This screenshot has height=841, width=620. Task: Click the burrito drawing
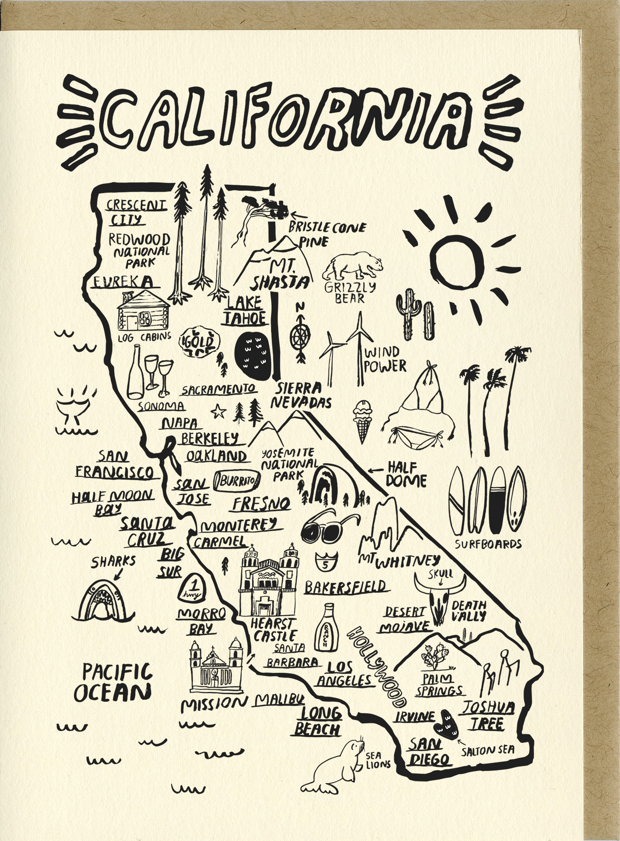[238, 481]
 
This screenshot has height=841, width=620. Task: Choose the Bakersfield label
[345, 586]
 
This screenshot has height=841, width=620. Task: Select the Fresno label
[261, 503]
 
